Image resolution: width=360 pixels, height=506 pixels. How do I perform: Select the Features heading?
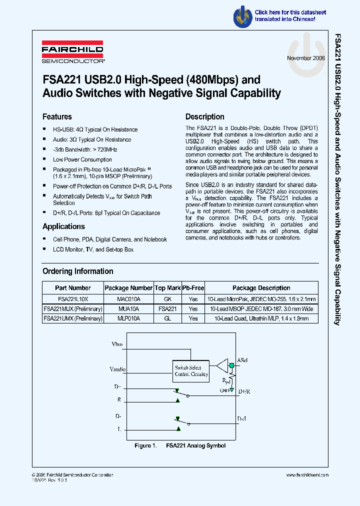(x=57, y=116)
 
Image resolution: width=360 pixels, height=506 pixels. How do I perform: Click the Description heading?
(x=205, y=116)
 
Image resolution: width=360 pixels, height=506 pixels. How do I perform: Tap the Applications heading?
(x=63, y=226)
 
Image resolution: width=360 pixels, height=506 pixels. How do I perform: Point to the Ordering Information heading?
(x=78, y=271)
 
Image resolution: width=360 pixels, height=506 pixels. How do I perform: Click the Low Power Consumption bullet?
(x=82, y=159)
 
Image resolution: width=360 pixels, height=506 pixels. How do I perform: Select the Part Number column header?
(x=73, y=288)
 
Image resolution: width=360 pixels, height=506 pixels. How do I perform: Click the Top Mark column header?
(x=167, y=288)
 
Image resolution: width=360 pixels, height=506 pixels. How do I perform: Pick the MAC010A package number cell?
(x=128, y=298)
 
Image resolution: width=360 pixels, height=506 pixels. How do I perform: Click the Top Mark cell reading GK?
(x=167, y=298)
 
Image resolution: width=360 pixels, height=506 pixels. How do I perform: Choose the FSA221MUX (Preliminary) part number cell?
(x=73, y=308)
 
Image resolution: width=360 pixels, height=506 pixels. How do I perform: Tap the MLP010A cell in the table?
(x=128, y=318)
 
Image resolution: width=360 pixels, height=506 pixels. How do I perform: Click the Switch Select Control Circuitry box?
(x=191, y=370)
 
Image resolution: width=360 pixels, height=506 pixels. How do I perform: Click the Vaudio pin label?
(x=117, y=369)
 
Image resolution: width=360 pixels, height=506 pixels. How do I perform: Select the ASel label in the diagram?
(x=242, y=360)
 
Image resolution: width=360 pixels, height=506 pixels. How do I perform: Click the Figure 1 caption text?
(x=180, y=445)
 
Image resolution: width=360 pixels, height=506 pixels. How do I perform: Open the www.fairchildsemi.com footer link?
(x=307, y=475)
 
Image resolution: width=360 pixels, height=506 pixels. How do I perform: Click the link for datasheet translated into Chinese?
(x=290, y=15)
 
